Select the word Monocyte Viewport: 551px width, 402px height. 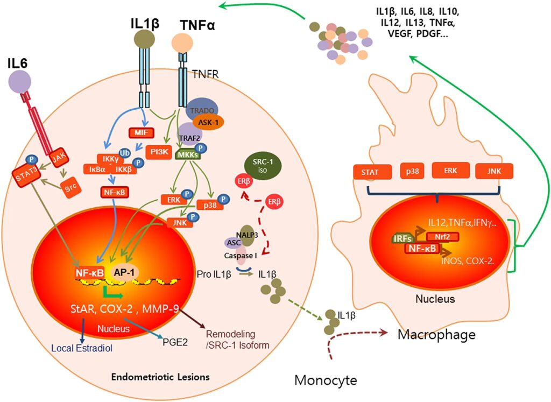[x=326, y=381]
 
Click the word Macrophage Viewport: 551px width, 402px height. [x=436, y=335]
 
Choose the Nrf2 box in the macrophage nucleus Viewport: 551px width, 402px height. [x=442, y=236]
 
